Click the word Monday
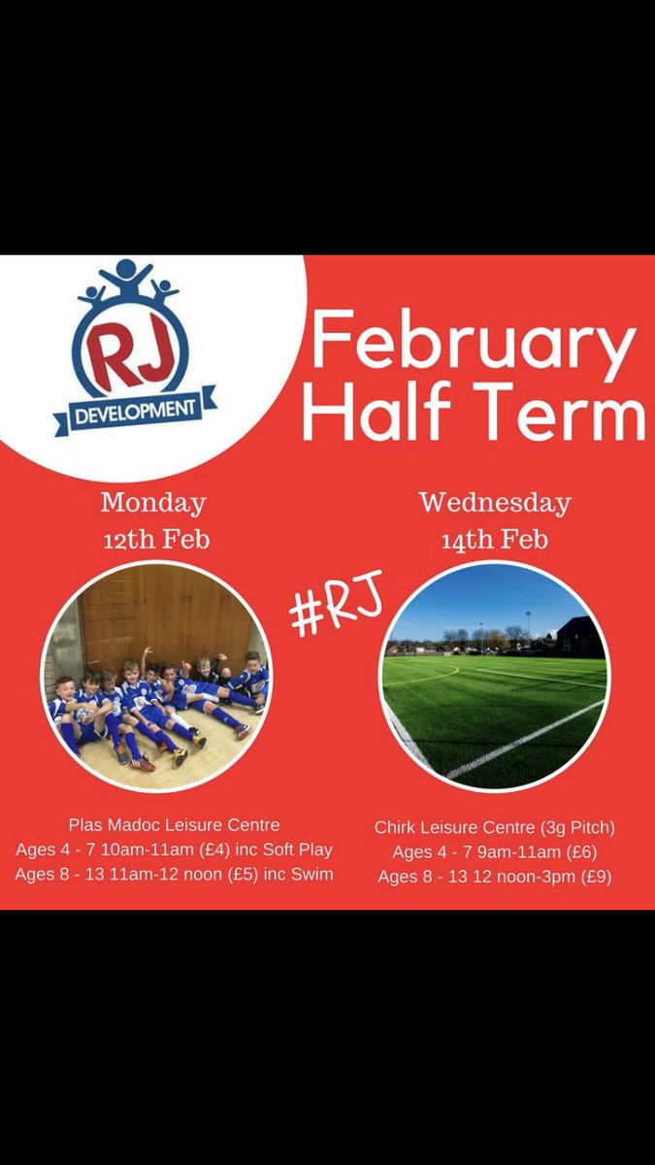click(153, 503)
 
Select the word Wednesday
click(495, 503)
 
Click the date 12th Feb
click(156, 540)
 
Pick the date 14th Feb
click(495, 540)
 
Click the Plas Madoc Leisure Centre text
click(174, 825)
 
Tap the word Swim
click(313, 874)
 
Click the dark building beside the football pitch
click(583, 637)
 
